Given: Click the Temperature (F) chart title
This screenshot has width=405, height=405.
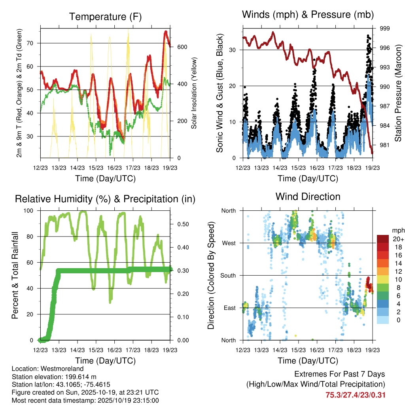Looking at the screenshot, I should (105, 17).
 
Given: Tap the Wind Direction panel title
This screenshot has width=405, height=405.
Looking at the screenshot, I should (308, 196).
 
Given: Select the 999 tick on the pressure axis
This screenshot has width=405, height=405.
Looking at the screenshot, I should (385, 28).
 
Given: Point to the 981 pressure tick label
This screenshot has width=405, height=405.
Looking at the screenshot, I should (385, 145).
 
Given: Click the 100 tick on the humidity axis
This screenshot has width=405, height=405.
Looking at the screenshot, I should (31, 210).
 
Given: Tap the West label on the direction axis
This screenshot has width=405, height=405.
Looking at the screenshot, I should (229, 243).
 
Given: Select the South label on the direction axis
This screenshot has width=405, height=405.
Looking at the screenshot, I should (228, 275).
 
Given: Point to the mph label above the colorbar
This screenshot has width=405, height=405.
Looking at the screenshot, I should (398, 230).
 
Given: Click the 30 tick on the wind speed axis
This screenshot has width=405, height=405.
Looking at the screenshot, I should (234, 50).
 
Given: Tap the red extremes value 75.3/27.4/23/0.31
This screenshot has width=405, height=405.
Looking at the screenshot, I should (355, 395).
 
